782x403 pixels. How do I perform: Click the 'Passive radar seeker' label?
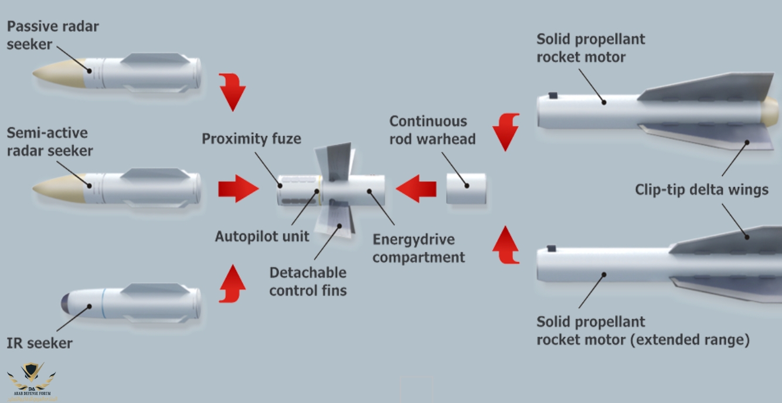[x=53, y=35]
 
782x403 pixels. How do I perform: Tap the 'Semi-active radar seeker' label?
[x=50, y=143]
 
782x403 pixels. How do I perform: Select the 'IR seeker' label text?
[x=39, y=343]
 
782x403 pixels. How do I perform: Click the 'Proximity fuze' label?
[x=251, y=139]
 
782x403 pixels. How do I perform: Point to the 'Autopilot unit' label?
[x=262, y=236]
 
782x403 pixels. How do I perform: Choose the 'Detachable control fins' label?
[x=308, y=281]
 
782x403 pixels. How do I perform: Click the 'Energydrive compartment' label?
[x=419, y=248]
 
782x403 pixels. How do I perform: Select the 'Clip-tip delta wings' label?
[x=702, y=189]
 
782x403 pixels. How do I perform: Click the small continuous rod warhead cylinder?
[x=466, y=188]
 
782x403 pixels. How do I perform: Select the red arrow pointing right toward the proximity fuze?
[x=238, y=188]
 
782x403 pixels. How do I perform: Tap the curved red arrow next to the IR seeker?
[x=232, y=283]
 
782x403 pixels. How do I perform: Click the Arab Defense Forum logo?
[x=32, y=382]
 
